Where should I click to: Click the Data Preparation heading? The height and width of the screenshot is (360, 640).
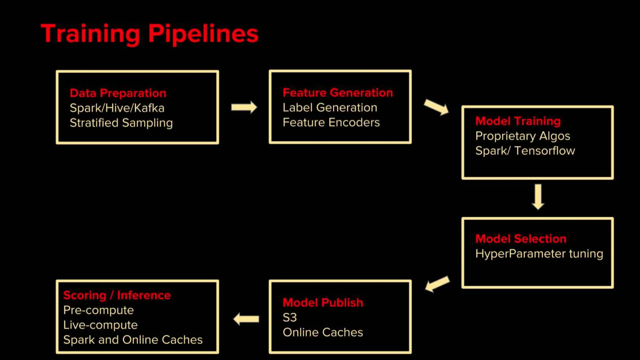(118, 93)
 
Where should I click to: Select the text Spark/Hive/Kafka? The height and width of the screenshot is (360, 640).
(117, 108)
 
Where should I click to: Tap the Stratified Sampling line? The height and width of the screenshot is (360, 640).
(121, 123)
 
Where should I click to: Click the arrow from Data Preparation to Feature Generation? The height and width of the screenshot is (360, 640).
(244, 108)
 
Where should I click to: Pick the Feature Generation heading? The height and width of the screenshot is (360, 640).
(338, 93)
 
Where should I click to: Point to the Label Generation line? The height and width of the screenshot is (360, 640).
(330, 108)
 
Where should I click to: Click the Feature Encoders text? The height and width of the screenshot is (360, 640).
(331, 122)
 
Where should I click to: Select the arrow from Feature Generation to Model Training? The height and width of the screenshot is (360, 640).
(436, 107)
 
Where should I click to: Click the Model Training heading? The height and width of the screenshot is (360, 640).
(518, 121)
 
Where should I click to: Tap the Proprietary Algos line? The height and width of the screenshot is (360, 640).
(522, 136)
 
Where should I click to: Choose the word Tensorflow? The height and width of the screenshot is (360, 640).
(544, 151)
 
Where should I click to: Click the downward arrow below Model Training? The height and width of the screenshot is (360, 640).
(538, 197)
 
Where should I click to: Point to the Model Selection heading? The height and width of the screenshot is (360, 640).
(521, 239)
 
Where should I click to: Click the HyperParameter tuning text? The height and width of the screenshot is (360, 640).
(540, 254)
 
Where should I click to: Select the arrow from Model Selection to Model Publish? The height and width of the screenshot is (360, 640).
(438, 284)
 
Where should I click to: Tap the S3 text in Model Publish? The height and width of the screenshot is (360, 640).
(290, 318)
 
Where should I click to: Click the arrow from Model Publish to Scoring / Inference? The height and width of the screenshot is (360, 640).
(246, 319)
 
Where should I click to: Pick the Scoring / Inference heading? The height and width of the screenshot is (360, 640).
(117, 296)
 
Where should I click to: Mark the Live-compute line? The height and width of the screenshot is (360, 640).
(100, 325)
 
